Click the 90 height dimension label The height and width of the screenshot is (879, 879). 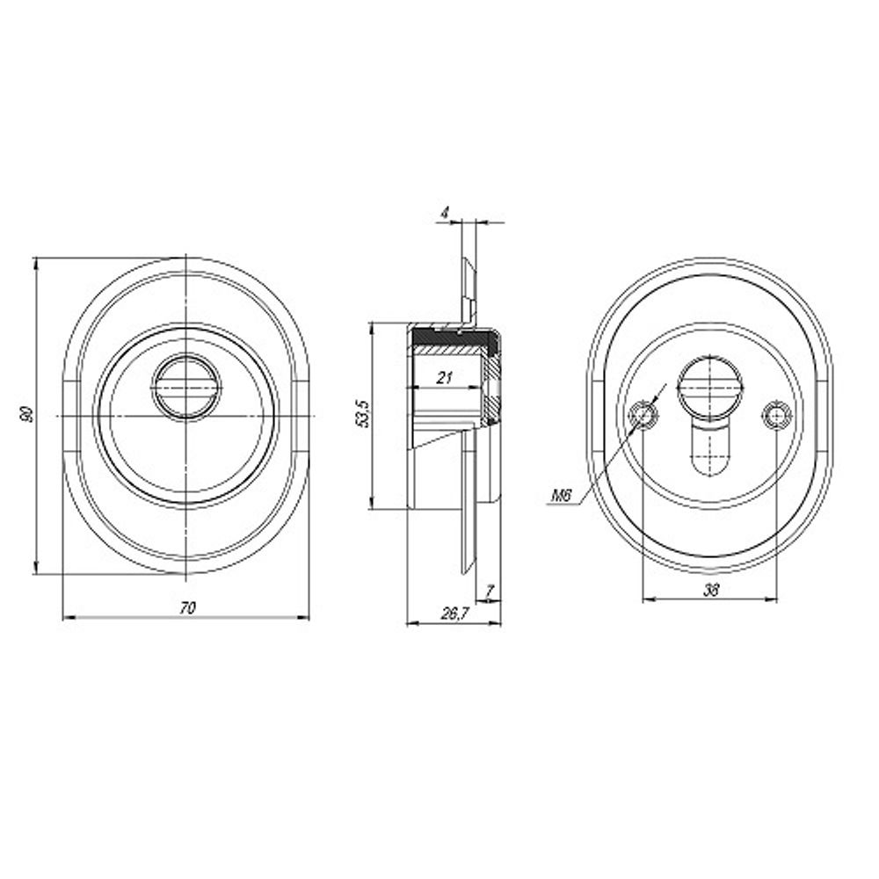(x=25, y=416)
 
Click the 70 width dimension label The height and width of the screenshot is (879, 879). (x=187, y=607)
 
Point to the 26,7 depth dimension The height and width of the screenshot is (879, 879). (x=454, y=614)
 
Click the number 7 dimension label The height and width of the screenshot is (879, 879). (x=490, y=591)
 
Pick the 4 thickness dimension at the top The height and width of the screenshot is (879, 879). (x=445, y=213)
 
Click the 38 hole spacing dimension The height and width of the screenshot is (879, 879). (x=711, y=589)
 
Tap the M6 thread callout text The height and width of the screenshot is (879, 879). (x=561, y=496)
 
